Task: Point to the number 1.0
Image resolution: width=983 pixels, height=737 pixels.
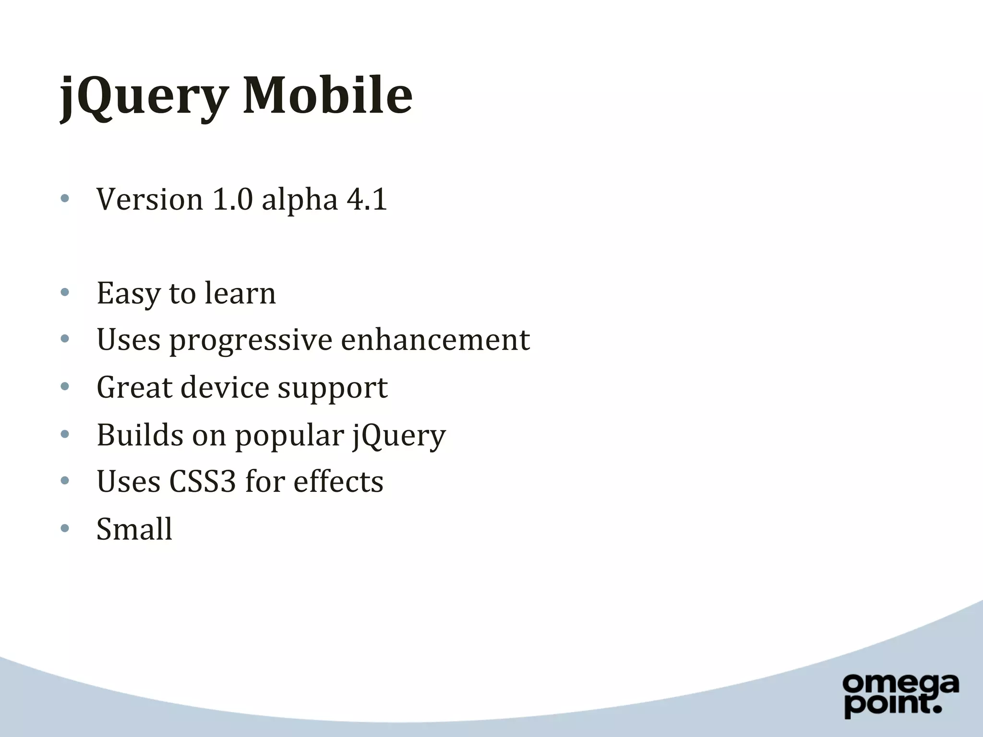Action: pos(232,199)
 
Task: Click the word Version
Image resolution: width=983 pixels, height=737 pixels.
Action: pos(150,199)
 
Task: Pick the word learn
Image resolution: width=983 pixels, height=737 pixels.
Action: pos(240,293)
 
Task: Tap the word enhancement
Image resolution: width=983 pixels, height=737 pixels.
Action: pos(435,340)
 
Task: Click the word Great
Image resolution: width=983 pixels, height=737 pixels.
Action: pos(134,387)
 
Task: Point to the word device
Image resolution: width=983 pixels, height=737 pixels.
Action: pos(225,387)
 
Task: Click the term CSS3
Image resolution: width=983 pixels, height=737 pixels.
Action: pos(203,481)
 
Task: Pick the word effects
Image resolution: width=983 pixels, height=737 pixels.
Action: pos(338,481)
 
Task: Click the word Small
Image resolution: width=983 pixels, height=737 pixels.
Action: pos(134,529)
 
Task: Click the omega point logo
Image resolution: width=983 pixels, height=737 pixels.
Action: pos(900,696)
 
